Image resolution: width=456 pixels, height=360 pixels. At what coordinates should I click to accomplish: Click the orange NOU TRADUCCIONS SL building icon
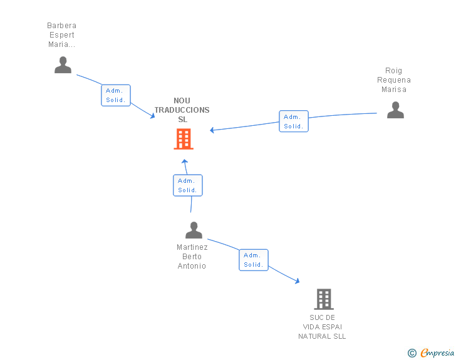point(184,139)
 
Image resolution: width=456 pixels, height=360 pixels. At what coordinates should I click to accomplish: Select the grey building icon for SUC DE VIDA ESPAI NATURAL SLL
point(324,299)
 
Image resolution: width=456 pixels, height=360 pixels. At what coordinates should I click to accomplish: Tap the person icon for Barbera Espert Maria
point(63,65)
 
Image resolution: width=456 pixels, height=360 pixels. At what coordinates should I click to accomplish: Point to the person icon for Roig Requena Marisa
point(395,110)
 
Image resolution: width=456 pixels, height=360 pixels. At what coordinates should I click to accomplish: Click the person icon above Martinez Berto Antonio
point(194,230)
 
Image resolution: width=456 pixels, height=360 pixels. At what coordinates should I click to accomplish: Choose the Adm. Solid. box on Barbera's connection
point(116,95)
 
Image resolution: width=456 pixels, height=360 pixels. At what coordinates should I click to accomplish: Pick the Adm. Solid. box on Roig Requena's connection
point(294,121)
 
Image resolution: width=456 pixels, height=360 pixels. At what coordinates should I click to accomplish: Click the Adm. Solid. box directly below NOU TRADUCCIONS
point(187,185)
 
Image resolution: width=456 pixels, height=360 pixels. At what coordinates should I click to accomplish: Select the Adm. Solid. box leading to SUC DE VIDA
point(254,260)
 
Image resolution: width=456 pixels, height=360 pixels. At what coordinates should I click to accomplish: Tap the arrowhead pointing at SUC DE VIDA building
point(297,281)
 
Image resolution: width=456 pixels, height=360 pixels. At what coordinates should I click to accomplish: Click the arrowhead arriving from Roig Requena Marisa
point(212,130)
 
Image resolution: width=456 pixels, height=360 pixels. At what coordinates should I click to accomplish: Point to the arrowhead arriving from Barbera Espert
point(152,116)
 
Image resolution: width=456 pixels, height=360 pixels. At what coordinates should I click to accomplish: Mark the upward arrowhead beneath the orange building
point(185,161)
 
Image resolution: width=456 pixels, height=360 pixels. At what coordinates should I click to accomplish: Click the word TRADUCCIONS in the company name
point(182,110)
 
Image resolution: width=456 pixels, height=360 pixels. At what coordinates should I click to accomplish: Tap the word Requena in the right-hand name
point(394,80)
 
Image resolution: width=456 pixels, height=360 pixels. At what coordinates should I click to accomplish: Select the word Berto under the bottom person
point(192,257)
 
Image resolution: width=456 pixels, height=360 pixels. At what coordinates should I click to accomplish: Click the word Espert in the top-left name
point(62,35)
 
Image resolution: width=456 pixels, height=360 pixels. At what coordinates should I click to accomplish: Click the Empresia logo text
point(437,352)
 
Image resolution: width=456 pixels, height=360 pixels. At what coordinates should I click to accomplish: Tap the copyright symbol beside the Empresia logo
point(412,353)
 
